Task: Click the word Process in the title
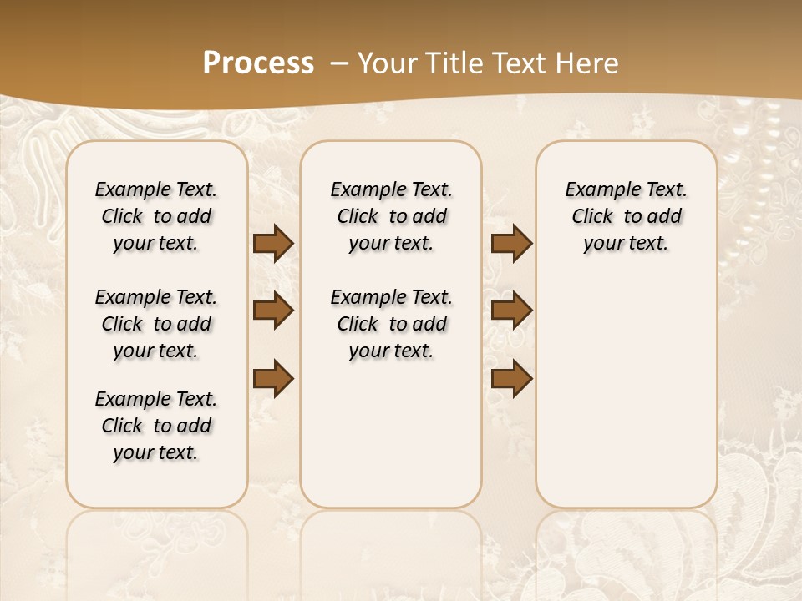[x=258, y=63]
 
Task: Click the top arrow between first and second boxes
[x=273, y=243]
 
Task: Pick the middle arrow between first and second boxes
[x=273, y=311]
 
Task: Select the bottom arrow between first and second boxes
[x=273, y=378]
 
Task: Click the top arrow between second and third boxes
[x=511, y=243]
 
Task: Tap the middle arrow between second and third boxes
[x=511, y=311]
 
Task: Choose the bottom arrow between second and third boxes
[x=511, y=378]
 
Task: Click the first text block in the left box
[x=156, y=216]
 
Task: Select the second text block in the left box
[x=156, y=324]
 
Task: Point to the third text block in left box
[x=156, y=426]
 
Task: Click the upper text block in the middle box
[x=391, y=216]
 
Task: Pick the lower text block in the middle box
[x=391, y=324]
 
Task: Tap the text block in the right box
[x=626, y=216]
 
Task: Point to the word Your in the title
[x=387, y=63]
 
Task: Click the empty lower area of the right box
[x=626, y=392]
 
